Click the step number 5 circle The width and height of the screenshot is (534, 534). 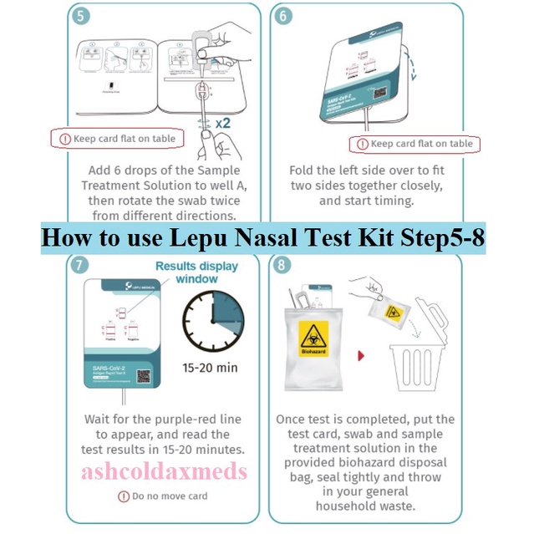click(79, 17)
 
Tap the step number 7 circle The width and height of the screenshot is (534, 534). click(79, 267)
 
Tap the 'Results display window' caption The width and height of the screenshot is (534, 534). click(197, 272)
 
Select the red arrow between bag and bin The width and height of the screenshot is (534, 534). click(360, 354)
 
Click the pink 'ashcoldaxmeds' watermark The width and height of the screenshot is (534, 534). click(165, 472)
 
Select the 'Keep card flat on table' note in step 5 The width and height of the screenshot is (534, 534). click(114, 138)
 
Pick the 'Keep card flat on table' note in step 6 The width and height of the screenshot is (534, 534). click(415, 144)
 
